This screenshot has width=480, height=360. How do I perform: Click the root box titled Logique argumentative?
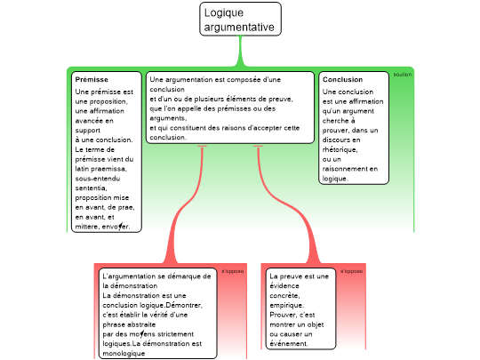point(240,19)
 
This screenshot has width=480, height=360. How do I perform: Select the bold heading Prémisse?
point(92,80)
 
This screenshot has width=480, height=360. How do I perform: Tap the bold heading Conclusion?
point(342,80)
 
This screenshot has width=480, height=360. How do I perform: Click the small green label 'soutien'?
point(403,75)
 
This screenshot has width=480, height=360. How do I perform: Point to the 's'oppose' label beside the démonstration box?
point(233,271)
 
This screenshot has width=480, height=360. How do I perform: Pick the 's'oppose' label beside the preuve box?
point(352,271)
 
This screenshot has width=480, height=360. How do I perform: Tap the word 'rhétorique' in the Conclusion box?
point(340,149)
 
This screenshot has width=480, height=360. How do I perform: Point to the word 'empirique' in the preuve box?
point(286,306)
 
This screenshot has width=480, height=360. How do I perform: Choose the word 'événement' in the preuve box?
point(289,344)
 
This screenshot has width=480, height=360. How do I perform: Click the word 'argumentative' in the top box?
point(239,28)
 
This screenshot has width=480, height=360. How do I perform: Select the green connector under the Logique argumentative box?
point(240,52)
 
